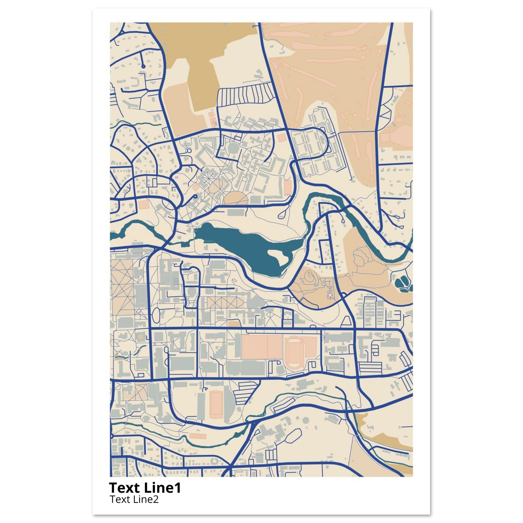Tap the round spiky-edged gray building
point(232,148)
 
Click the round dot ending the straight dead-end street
point(143,66)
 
